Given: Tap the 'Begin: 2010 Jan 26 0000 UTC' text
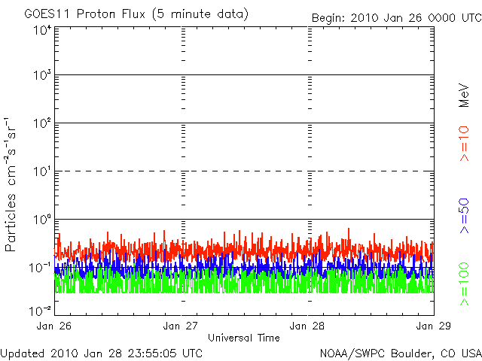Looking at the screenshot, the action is point(397,18).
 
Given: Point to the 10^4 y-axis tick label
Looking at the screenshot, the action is point(43,31).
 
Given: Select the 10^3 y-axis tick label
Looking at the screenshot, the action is point(43,75).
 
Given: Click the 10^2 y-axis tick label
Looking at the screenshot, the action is point(43,123).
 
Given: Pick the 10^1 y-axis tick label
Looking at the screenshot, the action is point(43,171).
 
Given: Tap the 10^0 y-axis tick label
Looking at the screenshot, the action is point(43,219).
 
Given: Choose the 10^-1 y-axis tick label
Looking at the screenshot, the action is point(40,268).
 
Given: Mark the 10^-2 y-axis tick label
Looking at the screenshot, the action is point(40,311).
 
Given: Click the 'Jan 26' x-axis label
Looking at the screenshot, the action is point(54,326).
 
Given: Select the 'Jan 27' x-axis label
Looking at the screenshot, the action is point(181,326).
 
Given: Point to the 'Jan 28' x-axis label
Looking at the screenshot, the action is point(307,326).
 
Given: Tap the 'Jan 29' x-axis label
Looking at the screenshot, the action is point(434,326).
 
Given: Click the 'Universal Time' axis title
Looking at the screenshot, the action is point(244,338).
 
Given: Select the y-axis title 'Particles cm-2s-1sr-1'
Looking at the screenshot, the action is point(10,184).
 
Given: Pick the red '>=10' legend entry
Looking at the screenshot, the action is point(464,144).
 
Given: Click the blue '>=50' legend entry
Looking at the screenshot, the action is point(464,216).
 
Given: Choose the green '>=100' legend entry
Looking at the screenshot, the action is point(464,284).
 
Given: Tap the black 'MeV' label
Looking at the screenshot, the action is point(464,96).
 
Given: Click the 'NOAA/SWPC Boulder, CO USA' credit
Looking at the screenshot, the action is point(401,353).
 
